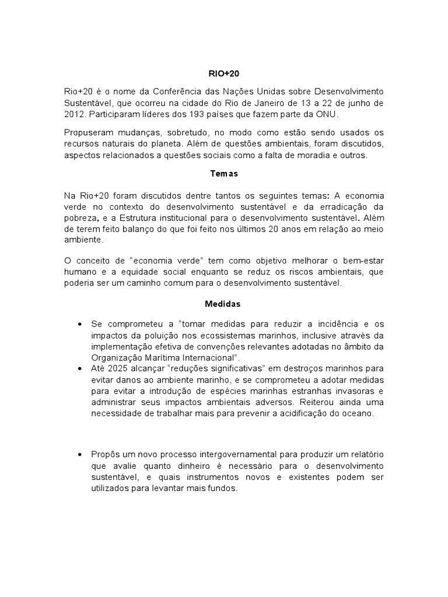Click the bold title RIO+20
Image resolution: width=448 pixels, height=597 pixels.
click(x=224, y=74)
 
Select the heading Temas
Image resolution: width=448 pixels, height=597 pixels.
click(x=224, y=173)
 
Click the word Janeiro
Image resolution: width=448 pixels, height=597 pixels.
click(x=269, y=103)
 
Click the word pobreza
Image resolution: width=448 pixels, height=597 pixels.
click(x=80, y=219)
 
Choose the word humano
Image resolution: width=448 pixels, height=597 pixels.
click(x=80, y=272)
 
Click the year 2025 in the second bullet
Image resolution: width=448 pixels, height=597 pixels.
click(x=120, y=368)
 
